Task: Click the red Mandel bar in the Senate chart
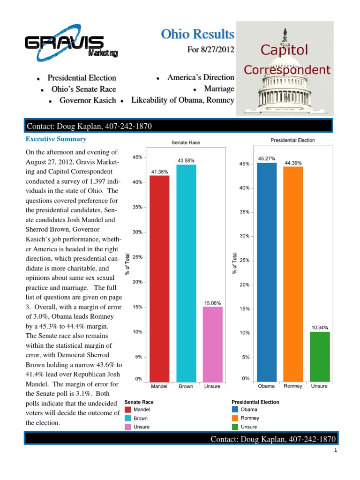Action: (x=159, y=279)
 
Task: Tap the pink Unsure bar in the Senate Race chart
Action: (x=212, y=345)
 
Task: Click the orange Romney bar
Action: (x=293, y=275)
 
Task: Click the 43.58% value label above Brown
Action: (x=186, y=161)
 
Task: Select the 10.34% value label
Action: (x=320, y=327)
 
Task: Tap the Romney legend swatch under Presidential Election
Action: (x=235, y=418)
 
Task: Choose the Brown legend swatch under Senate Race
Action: (x=128, y=418)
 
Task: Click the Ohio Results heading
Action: (x=197, y=34)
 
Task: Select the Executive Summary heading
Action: (x=56, y=139)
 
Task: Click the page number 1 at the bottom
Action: (x=336, y=451)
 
